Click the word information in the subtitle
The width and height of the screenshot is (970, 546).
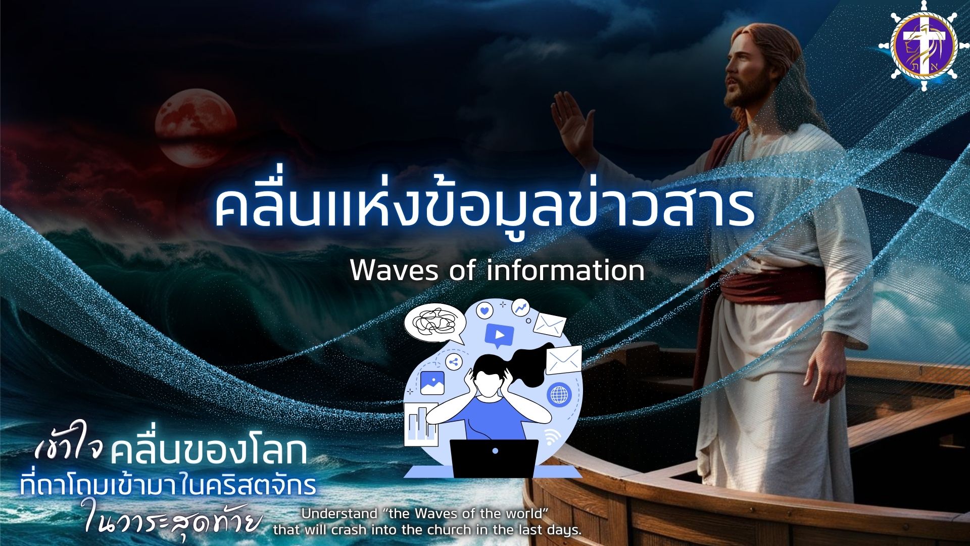click(x=566, y=270)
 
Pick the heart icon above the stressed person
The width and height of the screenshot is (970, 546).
click(x=484, y=310)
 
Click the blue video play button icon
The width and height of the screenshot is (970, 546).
click(x=499, y=335)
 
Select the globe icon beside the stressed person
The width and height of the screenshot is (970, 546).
click(x=559, y=394)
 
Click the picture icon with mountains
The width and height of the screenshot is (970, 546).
click(x=432, y=383)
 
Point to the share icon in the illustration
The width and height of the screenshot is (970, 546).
click(x=453, y=361)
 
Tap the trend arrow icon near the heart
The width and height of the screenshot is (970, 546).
click(x=520, y=306)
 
